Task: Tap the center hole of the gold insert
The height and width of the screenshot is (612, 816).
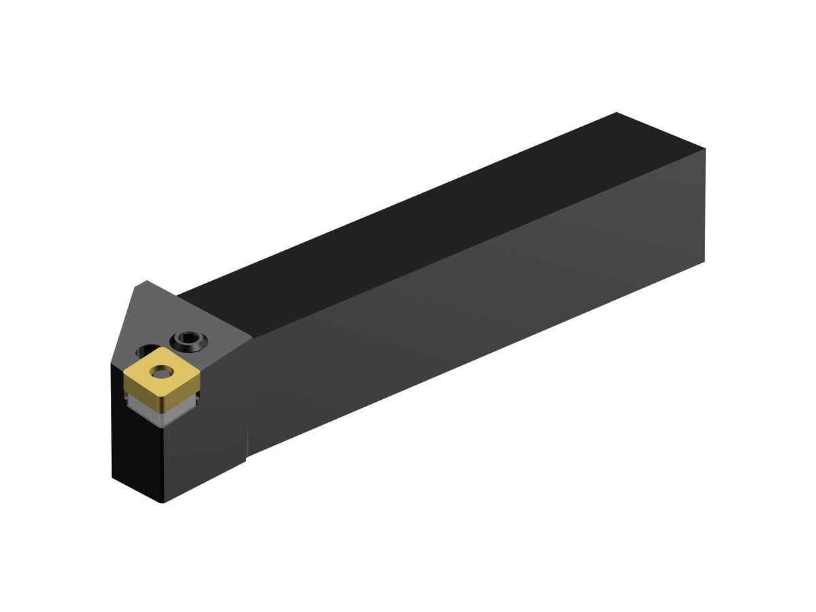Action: (x=162, y=372)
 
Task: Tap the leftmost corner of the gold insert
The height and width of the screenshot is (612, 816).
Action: (x=124, y=373)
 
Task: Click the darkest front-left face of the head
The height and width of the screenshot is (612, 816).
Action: (x=136, y=442)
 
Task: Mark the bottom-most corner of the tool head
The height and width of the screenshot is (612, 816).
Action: (x=162, y=503)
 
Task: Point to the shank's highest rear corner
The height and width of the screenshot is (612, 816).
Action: (x=616, y=113)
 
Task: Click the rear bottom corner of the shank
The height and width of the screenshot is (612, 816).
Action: (x=704, y=261)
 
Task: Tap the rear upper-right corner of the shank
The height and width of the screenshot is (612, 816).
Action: (x=704, y=148)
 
